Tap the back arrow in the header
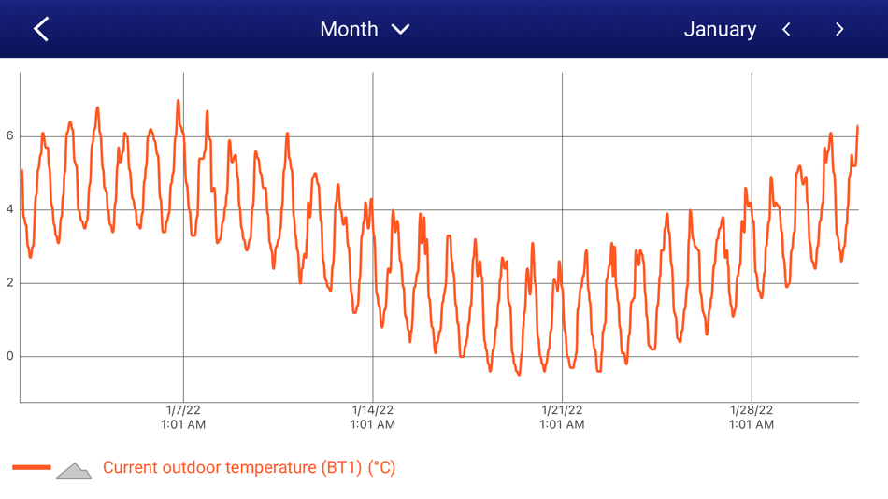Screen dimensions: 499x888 coord(41,29)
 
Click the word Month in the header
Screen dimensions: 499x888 coord(349,29)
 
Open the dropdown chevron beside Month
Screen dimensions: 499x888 coord(401,29)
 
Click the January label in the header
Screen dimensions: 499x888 coord(720,29)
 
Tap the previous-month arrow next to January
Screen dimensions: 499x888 coord(787,29)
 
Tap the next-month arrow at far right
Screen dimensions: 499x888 coord(839,29)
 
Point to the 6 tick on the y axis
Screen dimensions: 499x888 coord(10,136)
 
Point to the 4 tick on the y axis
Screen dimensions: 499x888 coord(10,209)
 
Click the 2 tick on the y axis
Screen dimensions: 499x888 coord(10,283)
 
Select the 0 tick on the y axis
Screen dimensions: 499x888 coord(10,356)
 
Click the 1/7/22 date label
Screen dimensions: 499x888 coord(183,410)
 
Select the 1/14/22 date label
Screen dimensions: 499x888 coord(373,410)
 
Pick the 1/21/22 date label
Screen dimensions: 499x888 coord(562,410)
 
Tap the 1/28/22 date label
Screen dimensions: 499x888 coord(752,410)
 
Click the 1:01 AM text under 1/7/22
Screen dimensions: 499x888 coord(183,425)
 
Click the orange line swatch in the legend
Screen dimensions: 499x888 coord(32,467)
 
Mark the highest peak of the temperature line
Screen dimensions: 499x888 coord(179,101)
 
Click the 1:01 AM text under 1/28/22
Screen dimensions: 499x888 coord(752,425)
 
